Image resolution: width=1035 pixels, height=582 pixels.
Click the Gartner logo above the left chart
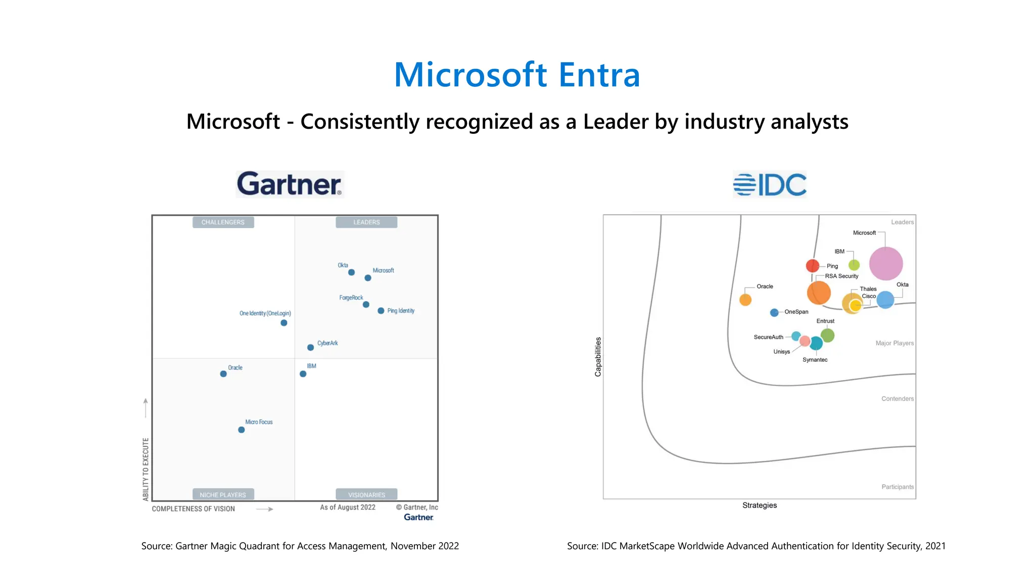coord(290,184)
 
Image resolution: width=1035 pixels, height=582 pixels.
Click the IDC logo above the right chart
coord(769,184)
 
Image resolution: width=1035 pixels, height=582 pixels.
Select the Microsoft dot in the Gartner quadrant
coord(368,278)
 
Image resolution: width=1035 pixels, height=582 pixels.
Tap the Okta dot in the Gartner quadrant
coord(351,272)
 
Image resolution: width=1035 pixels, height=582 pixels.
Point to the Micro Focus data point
coord(241,430)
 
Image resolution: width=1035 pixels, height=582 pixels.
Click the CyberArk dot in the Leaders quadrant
coord(310,348)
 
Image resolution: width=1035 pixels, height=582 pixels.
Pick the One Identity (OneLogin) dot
coord(284,323)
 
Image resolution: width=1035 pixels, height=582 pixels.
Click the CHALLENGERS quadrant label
coord(223,222)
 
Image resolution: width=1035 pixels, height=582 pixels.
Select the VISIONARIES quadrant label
coord(366,495)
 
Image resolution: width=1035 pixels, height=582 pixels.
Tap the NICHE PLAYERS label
coord(223,495)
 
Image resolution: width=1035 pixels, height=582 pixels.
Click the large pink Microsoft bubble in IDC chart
coord(886,264)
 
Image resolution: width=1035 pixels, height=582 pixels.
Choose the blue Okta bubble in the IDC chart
coord(885,300)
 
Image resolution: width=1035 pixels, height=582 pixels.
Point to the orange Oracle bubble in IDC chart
coord(745,300)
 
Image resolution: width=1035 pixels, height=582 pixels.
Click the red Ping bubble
coord(812,266)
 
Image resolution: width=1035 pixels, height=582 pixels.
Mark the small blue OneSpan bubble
coord(774,313)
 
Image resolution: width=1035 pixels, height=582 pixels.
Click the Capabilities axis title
coord(598,357)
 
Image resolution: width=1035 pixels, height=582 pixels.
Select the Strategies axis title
coord(760,505)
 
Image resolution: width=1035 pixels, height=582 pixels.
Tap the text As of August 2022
coord(348,507)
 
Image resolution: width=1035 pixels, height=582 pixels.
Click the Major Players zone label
coord(895,343)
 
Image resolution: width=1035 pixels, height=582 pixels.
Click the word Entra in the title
coord(599,75)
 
